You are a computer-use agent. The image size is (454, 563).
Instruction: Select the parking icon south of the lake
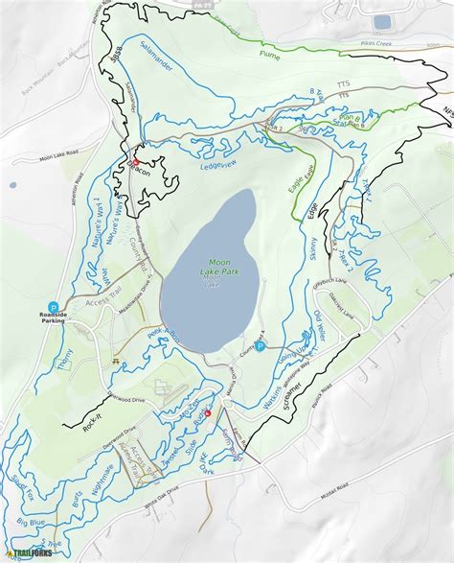point(260,346)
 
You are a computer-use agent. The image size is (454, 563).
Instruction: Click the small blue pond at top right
point(382,21)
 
